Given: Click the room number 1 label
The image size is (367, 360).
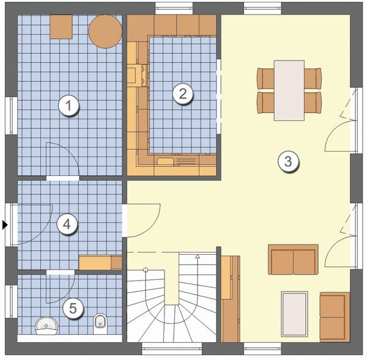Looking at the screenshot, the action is tap(69, 106).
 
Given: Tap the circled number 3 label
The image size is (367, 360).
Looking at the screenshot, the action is tap(288, 161).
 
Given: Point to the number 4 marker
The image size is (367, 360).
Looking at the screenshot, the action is tap(67, 224).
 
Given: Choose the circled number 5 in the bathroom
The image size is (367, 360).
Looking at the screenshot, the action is tap(73, 308).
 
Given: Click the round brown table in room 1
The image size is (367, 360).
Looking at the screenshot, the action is tap(105, 32).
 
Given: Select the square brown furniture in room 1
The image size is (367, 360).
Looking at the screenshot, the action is tap(61, 27).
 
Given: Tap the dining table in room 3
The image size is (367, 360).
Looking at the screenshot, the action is tap(289, 90).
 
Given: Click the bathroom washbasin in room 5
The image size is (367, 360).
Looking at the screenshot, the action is tap(46, 325).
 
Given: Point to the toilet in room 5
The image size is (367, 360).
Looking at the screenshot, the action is tap(100, 324).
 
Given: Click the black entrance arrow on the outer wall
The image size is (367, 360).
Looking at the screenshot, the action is tap(5, 225).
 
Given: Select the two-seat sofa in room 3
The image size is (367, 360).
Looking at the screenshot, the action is tap(293, 259).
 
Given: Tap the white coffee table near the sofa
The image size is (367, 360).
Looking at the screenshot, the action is tap(294, 314).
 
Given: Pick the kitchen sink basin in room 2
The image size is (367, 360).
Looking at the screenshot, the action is tap(165, 161).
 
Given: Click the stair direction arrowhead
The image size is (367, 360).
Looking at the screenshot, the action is tap(198, 256).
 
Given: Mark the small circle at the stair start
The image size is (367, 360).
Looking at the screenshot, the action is tap(146, 270).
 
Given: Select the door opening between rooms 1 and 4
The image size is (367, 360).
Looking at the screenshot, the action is tap(63, 178).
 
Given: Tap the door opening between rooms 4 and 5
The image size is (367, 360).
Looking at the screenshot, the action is tap(61, 272).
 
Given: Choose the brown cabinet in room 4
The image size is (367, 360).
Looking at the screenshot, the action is tap(100, 263).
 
